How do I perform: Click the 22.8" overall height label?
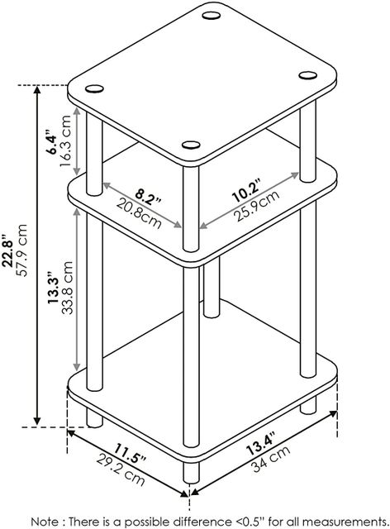(7, 250)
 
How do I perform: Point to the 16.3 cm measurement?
(65, 141)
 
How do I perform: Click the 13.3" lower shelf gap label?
(54, 288)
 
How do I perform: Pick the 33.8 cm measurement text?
(67, 288)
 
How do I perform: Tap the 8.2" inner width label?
(148, 198)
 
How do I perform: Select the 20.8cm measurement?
(139, 213)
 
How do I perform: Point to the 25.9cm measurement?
(257, 206)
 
